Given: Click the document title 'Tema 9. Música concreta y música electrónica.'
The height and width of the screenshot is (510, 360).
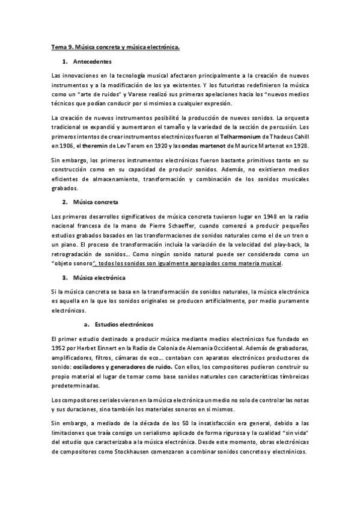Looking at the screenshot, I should click(x=115, y=47).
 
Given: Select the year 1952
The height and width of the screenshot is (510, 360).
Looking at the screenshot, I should click(x=60, y=349).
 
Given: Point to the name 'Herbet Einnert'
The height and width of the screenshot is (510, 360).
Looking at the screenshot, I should click(x=98, y=349).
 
